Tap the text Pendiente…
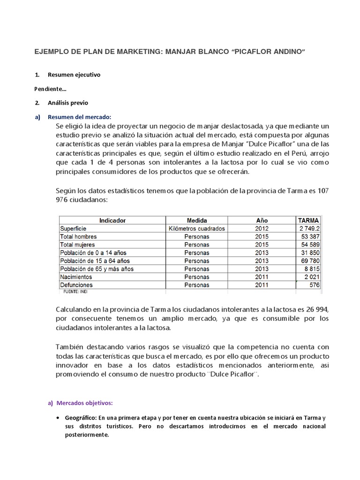(50, 89)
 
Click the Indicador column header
(112, 220)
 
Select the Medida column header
(197, 220)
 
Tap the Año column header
(262, 220)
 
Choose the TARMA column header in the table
(308, 220)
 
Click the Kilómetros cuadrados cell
(197, 229)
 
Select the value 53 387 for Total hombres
(311, 237)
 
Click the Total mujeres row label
(77, 245)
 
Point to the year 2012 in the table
(262, 229)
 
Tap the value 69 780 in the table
(311, 261)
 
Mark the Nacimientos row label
(76, 277)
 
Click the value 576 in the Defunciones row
(315, 285)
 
